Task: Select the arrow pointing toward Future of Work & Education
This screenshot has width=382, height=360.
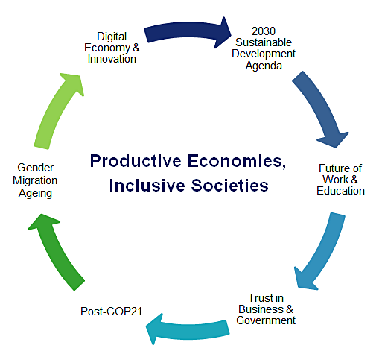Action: pyautogui.click(x=320, y=106)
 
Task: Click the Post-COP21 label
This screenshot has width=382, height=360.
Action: pyautogui.click(x=111, y=312)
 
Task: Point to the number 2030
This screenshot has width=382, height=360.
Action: pyautogui.click(x=264, y=31)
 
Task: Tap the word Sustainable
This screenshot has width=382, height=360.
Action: pyautogui.click(x=264, y=42)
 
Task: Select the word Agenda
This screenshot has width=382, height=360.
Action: pyautogui.click(x=264, y=66)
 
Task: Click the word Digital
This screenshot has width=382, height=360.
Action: pyautogui.click(x=112, y=37)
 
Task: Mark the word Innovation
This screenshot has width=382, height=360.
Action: pyautogui.click(x=112, y=59)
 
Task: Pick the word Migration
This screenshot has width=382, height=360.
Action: pyautogui.click(x=35, y=180)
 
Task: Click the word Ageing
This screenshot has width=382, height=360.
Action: pyautogui.click(x=35, y=194)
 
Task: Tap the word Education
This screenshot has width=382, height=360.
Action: pyautogui.click(x=340, y=191)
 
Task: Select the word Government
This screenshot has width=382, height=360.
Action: pyautogui.click(x=266, y=320)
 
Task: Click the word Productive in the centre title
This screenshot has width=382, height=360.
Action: pyautogui.click(x=136, y=162)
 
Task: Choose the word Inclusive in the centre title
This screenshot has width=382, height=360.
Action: pyautogui.click(x=147, y=186)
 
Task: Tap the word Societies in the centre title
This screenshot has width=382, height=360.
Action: pyautogui.click(x=230, y=186)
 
